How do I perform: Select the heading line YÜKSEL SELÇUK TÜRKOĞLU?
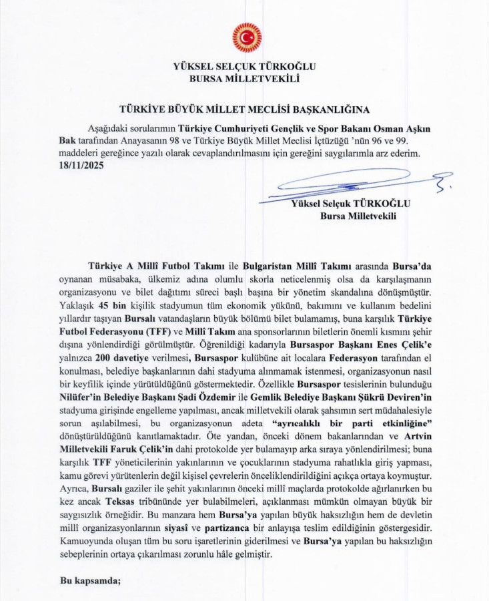pos(244,67)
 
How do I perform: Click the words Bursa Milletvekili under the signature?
pos(358,216)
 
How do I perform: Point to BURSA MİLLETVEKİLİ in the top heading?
pos(244,79)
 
